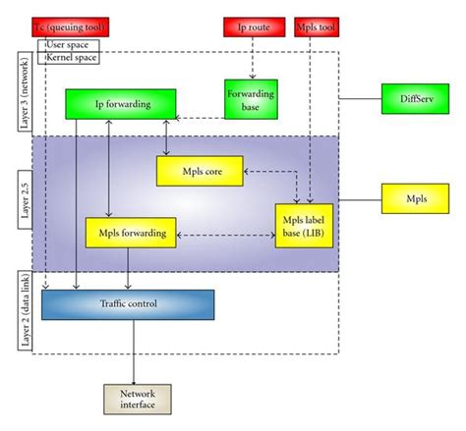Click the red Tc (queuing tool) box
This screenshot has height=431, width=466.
pos(70,27)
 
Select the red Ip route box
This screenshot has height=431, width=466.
pos(252,27)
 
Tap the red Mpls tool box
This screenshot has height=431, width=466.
pos(316,27)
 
